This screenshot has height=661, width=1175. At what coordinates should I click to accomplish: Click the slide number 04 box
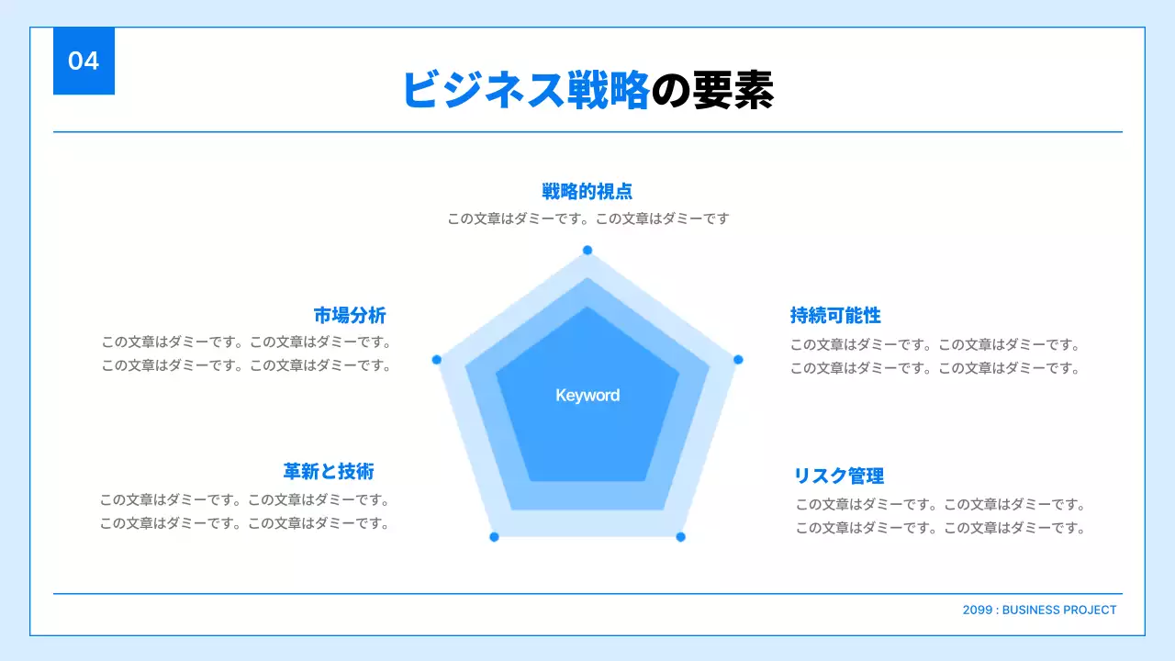(x=84, y=62)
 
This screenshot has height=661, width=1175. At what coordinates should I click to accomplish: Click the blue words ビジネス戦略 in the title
(x=526, y=90)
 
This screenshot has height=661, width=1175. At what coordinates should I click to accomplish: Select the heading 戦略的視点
(x=587, y=191)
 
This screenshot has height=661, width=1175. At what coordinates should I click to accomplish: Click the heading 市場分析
(x=350, y=316)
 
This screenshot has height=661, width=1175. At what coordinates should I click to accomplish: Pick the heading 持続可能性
(x=835, y=316)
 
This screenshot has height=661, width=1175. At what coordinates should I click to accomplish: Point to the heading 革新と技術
(x=329, y=472)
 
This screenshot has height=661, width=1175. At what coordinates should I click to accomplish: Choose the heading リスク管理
(x=839, y=476)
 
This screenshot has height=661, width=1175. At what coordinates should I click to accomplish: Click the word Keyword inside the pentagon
(x=587, y=396)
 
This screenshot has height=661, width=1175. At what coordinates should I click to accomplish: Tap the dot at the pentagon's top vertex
(x=587, y=251)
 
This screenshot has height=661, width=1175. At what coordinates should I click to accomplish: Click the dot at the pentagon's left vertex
(x=437, y=359)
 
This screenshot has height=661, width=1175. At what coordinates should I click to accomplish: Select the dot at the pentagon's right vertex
(x=738, y=359)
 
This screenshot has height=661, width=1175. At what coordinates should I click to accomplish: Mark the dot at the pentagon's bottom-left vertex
(x=494, y=536)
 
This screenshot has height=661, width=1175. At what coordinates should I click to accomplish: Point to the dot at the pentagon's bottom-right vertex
(x=681, y=536)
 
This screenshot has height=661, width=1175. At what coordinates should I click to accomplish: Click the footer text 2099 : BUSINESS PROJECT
(x=1040, y=611)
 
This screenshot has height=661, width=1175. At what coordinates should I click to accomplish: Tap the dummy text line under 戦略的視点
(x=588, y=218)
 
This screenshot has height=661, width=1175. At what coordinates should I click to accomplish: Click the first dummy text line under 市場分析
(x=247, y=342)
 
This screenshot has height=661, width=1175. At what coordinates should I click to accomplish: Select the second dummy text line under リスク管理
(x=941, y=528)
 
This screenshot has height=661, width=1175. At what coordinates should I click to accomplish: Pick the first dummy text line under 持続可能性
(x=935, y=345)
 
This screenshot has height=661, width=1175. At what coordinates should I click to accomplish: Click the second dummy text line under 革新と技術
(x=245, y=523)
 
